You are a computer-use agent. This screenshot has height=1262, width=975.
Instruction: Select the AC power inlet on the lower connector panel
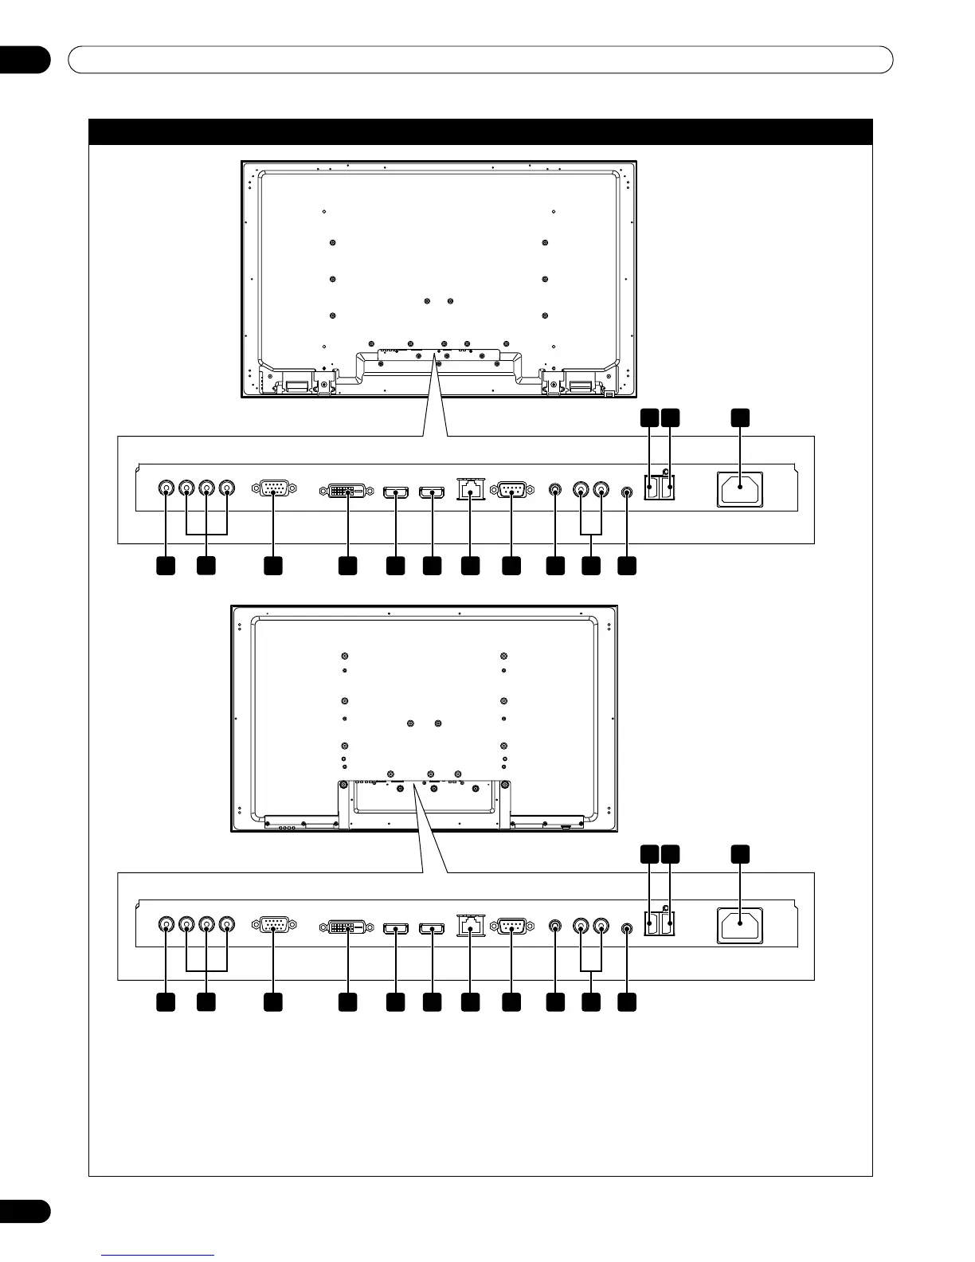740,927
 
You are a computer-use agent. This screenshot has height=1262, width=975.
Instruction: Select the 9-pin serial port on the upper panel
511,490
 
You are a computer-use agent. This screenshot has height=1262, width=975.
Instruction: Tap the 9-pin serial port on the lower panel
511,927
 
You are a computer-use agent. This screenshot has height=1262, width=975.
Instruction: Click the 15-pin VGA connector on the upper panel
274,489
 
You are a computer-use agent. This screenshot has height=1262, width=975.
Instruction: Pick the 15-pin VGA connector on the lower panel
274,926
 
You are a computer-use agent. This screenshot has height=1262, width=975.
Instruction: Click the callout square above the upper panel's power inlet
741,417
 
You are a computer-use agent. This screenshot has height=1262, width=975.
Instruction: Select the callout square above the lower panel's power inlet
741,854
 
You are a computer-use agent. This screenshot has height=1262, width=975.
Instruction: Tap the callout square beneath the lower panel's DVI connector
347,1002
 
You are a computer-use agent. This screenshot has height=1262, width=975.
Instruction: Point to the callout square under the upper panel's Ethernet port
471,565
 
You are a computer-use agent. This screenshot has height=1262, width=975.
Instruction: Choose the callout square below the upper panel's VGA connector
273,565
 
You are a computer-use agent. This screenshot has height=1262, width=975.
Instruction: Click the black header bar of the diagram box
480,131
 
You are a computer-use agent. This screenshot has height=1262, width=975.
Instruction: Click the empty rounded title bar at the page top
480,60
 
